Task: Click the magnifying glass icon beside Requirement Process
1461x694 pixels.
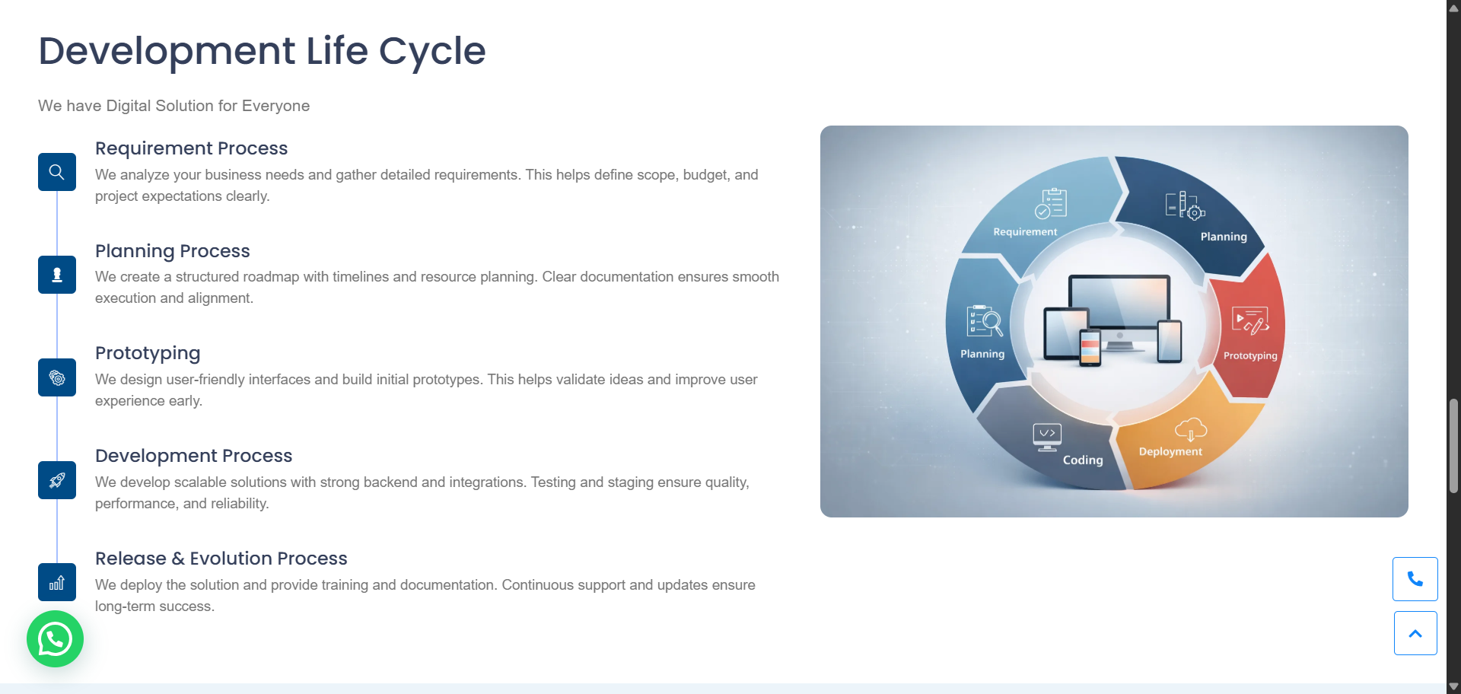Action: coord(57,172)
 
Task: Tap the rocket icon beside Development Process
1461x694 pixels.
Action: coord(57,480)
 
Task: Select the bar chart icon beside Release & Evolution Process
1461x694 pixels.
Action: coord(57,582)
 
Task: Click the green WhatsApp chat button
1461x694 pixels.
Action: coord(55,639)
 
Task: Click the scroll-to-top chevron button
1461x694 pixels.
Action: coord(1415,633)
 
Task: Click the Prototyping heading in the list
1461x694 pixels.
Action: coord(148,353)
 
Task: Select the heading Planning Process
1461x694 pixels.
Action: coord(173,251)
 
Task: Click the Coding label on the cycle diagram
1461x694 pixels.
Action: coord(1083,460)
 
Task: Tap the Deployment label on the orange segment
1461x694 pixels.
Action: coord(1170,451)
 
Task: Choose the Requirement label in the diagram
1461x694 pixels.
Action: coord(1025,231)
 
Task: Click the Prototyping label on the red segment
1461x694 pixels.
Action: coord(1250,355)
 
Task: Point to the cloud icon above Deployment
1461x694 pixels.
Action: coord(1191,429)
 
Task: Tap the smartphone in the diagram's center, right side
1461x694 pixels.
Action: coord(1170,341)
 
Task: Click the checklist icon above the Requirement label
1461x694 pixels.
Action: coord(1051,203)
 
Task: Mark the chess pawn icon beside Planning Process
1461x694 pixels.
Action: coord(57,275)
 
